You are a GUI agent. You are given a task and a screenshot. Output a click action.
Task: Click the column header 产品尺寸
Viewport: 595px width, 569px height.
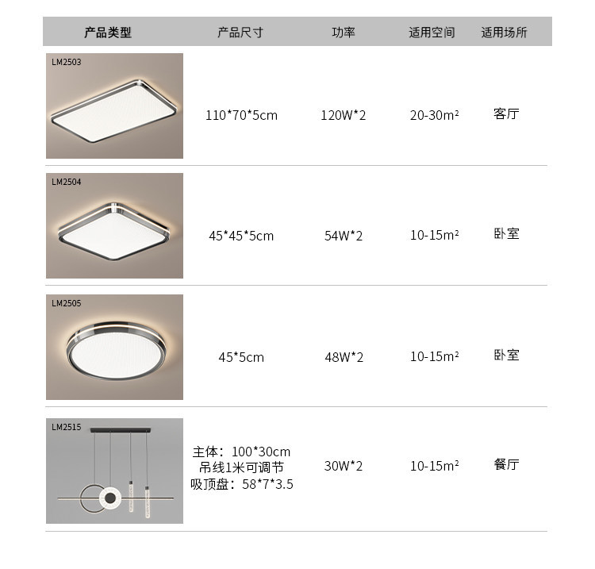(x=240, y=33)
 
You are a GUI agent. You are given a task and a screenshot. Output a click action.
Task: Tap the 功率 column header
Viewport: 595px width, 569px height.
(x=344, y=33)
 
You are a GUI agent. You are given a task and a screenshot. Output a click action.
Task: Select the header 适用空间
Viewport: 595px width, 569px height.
(x=432, y=33)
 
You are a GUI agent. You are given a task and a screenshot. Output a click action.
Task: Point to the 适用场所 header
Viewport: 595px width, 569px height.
(x=505, y=33)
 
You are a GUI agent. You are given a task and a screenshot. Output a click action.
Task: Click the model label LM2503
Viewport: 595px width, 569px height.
(x=67, y=62)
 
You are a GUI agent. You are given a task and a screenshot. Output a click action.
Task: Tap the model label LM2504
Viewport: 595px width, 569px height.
(x=67, y=182)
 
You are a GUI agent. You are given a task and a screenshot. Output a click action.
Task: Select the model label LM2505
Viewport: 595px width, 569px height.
(x=67, y=303)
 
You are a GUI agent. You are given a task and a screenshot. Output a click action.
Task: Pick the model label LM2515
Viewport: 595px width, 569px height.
(x=67, y=427)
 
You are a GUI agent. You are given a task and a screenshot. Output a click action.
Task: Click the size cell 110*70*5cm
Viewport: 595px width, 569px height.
(x=241, y=115)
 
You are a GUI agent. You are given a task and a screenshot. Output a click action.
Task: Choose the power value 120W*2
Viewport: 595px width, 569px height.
(x=344, y=115)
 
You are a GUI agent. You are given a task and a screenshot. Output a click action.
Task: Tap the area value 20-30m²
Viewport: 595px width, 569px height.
(x=435, y=114)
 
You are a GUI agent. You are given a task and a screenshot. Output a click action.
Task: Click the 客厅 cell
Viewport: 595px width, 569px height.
(x=506, y=113)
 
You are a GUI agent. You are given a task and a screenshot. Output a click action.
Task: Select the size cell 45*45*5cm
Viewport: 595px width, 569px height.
(x=241, y=236)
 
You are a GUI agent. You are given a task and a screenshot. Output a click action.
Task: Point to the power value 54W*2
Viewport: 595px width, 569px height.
(x=344, y=236)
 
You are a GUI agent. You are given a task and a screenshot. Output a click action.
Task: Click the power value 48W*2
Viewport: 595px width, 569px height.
(x=344, y=357)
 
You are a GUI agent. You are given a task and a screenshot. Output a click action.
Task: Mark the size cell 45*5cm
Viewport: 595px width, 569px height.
(x=241, y=357)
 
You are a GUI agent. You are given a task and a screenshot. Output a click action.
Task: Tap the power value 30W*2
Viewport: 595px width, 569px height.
(x=344, y=466)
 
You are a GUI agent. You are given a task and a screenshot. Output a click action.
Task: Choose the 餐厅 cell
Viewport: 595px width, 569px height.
(x=506, y=464)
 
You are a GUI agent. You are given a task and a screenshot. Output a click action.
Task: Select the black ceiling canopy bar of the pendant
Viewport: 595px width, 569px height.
(x=121, y=430)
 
